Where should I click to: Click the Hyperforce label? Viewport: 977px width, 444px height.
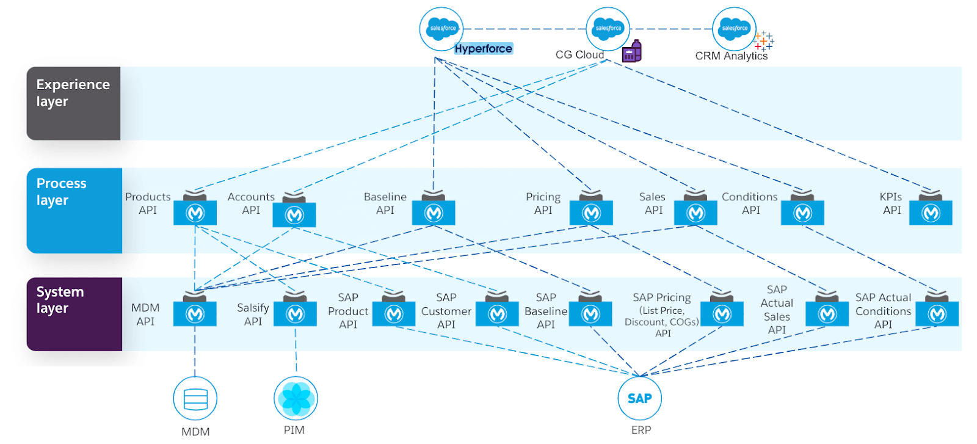[x=483, y=49]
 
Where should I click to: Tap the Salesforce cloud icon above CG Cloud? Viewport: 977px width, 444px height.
[x=608, y=29]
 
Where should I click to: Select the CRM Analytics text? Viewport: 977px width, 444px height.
[x=731, y=56]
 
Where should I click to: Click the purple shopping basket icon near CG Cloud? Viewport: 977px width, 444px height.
[x=632, y=52]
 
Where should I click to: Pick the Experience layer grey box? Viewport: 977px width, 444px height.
[x=73, y=103]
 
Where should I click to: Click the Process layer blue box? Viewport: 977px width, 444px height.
[x=74, y=210]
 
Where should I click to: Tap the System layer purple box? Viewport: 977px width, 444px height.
[x=74, y=314]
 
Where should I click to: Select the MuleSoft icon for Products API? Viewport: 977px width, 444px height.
[x=195, y=213]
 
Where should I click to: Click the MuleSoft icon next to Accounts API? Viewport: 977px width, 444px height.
[x=294, y=214]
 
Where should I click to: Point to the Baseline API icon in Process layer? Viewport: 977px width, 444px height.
[x=434, y=213]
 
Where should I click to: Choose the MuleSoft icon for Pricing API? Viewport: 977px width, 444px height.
[x=591, y=213]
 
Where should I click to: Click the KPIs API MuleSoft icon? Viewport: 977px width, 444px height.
[x=931, y=213]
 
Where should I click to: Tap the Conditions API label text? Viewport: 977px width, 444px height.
[x=750, y=203]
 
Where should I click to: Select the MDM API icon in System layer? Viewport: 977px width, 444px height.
[x=195, y=314]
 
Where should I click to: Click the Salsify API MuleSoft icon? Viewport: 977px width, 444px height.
[x=295, y=314]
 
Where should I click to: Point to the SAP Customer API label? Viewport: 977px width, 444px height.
[x=446, y=311]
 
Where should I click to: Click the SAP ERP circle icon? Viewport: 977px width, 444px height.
[x=639, y=398]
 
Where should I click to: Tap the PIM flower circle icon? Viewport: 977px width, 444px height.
[x=296, y=398]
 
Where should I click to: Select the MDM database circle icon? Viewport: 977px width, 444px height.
[x=195, y=399]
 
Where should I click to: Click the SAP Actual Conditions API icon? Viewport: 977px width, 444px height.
[x=937, y=314]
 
